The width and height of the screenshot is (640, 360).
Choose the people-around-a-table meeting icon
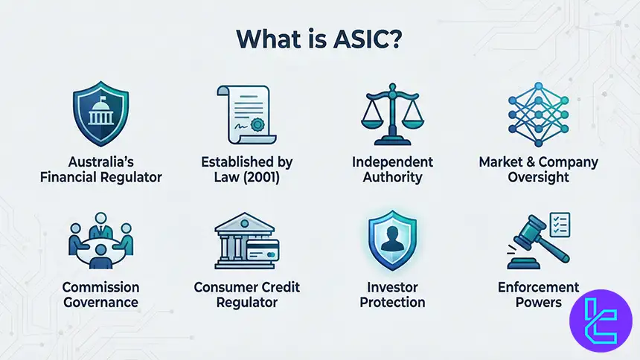pyautogui.click(x=100, y=242)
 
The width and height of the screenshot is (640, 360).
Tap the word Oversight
pyautogui.click(x=538, y=177)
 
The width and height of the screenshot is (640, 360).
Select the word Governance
pyautogui.click(x=100, y=303)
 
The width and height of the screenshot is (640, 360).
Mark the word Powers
pyautogui.click(x=539, y=303)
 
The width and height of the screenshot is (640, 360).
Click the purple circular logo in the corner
pyautogui.click(x=601, y=321)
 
